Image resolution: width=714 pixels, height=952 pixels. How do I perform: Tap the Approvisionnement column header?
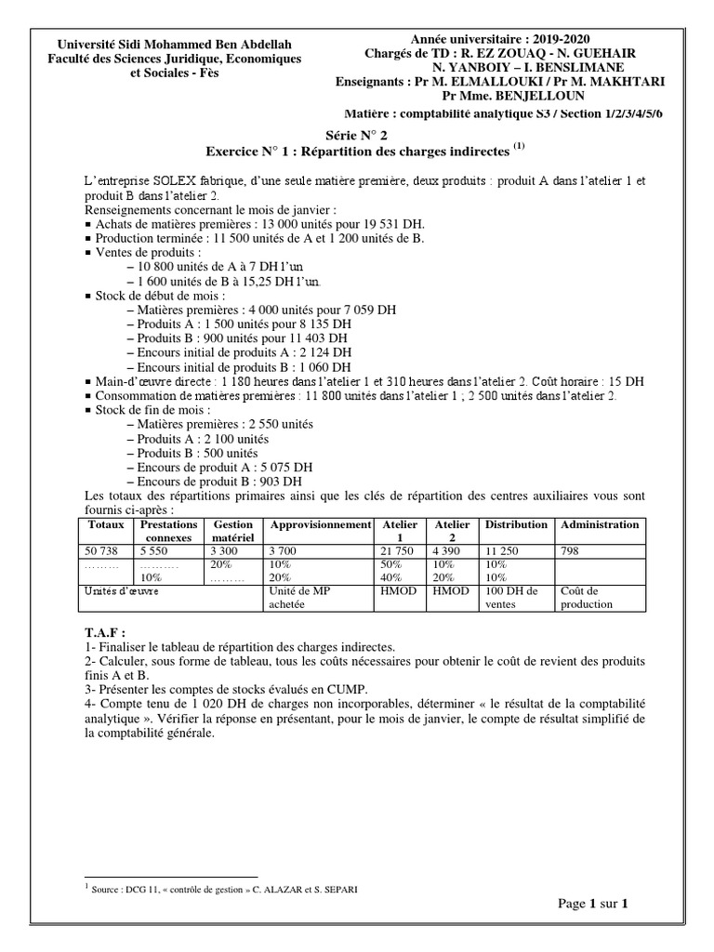pos(320,524)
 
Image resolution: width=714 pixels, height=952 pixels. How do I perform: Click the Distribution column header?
pos(516,524)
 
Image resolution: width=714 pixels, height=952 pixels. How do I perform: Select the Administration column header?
pos(600,524)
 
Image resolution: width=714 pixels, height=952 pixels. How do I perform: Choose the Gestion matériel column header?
pos(232,531)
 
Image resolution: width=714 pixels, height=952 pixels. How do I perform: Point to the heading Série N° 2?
pos(358,135)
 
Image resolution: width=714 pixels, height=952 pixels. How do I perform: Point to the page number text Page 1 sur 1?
pos(595,903)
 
